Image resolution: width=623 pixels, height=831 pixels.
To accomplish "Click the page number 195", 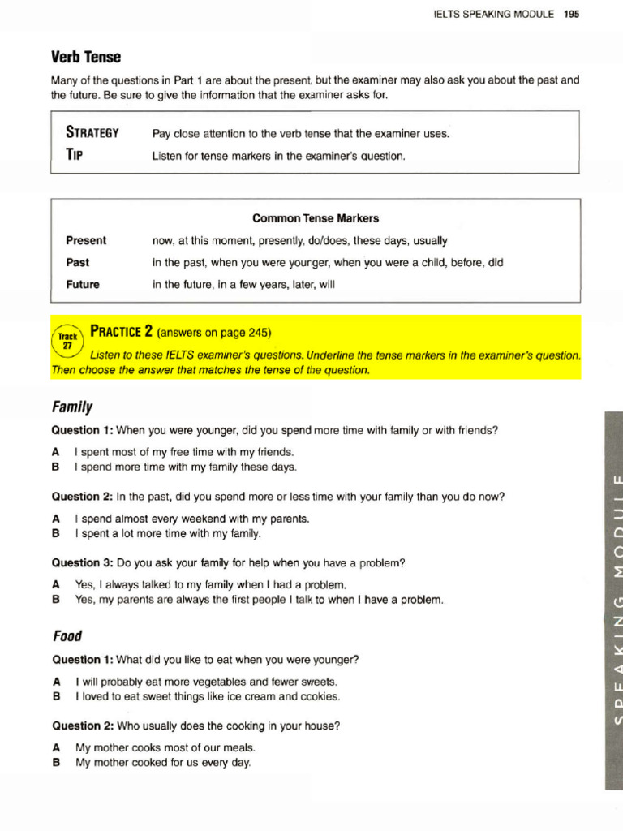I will coord(572,14).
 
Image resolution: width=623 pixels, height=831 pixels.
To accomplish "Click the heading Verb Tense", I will coord(87,57).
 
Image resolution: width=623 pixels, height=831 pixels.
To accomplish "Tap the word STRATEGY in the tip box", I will coord(92,132).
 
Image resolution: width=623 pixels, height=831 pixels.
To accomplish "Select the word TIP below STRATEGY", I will coord(74,155).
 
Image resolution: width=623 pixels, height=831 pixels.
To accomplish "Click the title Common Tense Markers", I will coord(316,218).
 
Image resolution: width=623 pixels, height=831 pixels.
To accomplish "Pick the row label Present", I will coord(86,241).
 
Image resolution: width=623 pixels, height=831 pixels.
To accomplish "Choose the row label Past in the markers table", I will coord(78,263).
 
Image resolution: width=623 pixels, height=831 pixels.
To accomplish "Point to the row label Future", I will coord(83,285).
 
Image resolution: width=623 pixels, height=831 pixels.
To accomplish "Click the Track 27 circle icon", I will coord(67,339).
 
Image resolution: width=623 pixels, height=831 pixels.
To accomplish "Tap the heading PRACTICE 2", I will coord(122,331).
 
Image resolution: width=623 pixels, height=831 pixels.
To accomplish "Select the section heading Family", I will coord(73,407).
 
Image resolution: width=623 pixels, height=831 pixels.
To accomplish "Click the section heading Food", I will coord(67,636).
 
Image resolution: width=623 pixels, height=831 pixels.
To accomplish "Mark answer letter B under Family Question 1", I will coord(56,467).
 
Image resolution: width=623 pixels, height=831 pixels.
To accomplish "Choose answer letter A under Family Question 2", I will coord(56,519).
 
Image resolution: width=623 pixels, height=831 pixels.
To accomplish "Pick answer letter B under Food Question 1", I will coord(56,696).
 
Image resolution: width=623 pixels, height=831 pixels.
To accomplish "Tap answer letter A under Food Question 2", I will coord(56,747).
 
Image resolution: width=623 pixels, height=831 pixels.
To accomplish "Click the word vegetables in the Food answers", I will coord(214,682).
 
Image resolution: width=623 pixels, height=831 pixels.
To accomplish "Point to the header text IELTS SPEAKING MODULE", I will coord(494,14).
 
